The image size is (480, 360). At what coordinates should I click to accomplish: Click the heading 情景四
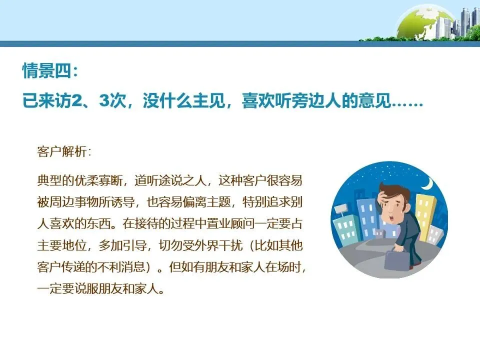[50, 70]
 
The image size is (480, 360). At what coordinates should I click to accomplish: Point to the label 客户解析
[64, 151]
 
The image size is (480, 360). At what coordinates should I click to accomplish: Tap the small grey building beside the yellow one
[435, 234]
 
